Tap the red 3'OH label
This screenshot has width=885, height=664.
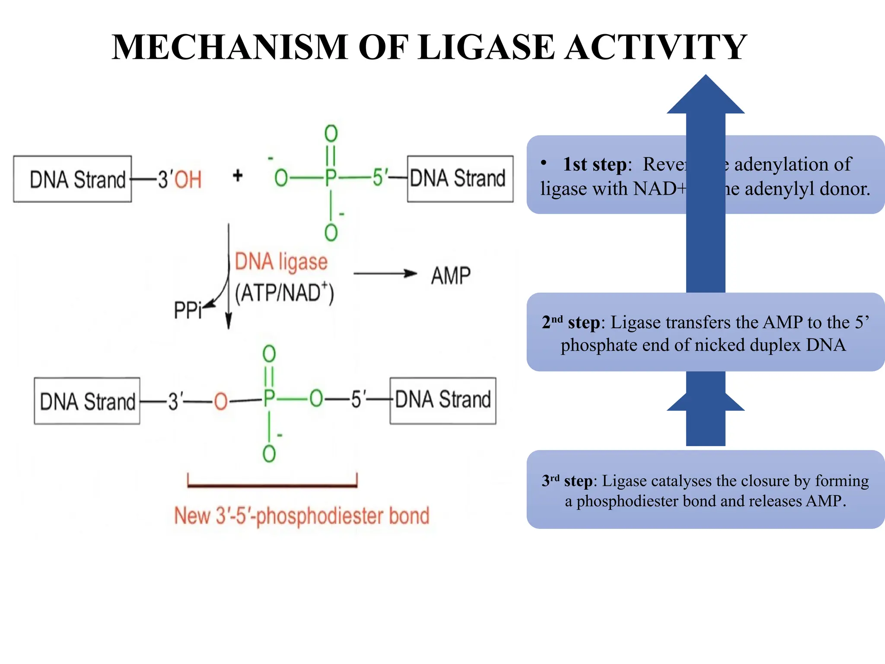(x=180, y=179)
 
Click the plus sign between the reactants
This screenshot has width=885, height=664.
(x=237, y=176)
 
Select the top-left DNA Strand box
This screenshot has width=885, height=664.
(x=72, y=179)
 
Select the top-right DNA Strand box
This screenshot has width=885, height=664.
(x=460, y=179)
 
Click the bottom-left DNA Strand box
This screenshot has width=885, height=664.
(x=87, y=401)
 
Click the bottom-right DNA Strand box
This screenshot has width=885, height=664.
(x=442, y=400)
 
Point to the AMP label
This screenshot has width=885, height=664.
(x=451, y=276)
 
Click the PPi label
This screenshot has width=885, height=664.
(x=188, y=310)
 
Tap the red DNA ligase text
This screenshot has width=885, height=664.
(x=281, y=262)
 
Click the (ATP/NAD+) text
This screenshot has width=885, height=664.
(x=284, y=293)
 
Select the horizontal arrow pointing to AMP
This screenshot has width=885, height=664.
(x=385, y=274)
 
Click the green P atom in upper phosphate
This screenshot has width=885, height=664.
(x=331, y=178)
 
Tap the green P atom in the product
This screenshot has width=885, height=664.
(x=269, y=398)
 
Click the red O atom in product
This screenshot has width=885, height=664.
(x=220, y=401)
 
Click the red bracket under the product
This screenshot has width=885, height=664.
(x=272, y=485)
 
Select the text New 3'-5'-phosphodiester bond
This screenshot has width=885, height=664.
(x=302, y=516)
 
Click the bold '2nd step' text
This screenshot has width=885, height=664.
(x=570, y=322)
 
